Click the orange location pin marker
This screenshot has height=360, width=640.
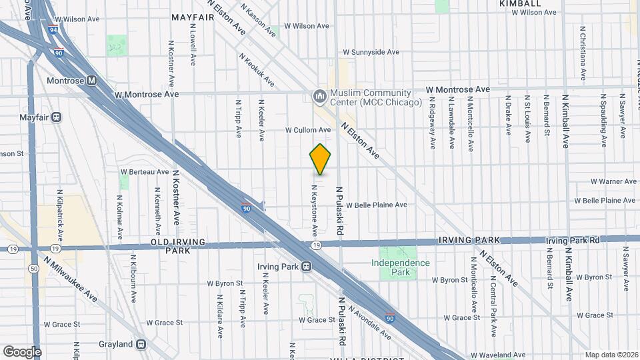(320, 159)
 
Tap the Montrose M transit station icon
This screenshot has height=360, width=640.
(92, 81)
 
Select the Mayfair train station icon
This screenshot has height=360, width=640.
(57, 117)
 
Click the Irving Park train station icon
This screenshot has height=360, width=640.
(307, 267)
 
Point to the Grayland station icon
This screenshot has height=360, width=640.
(141, 344)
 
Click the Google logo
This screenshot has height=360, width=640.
(22, 351)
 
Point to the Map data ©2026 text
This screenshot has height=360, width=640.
(611, 355)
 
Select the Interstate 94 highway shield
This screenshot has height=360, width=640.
(53, 29)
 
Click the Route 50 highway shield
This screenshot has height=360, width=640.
(33, 268)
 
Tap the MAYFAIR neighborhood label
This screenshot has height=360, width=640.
(193, 17)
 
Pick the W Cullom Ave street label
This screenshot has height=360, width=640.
(308, 130)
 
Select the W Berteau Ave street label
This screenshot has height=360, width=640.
(150, 171)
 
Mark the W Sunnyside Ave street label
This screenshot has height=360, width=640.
(371, 51)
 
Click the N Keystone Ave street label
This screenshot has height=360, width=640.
(313, 209)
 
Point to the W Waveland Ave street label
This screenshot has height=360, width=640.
(498, 355)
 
